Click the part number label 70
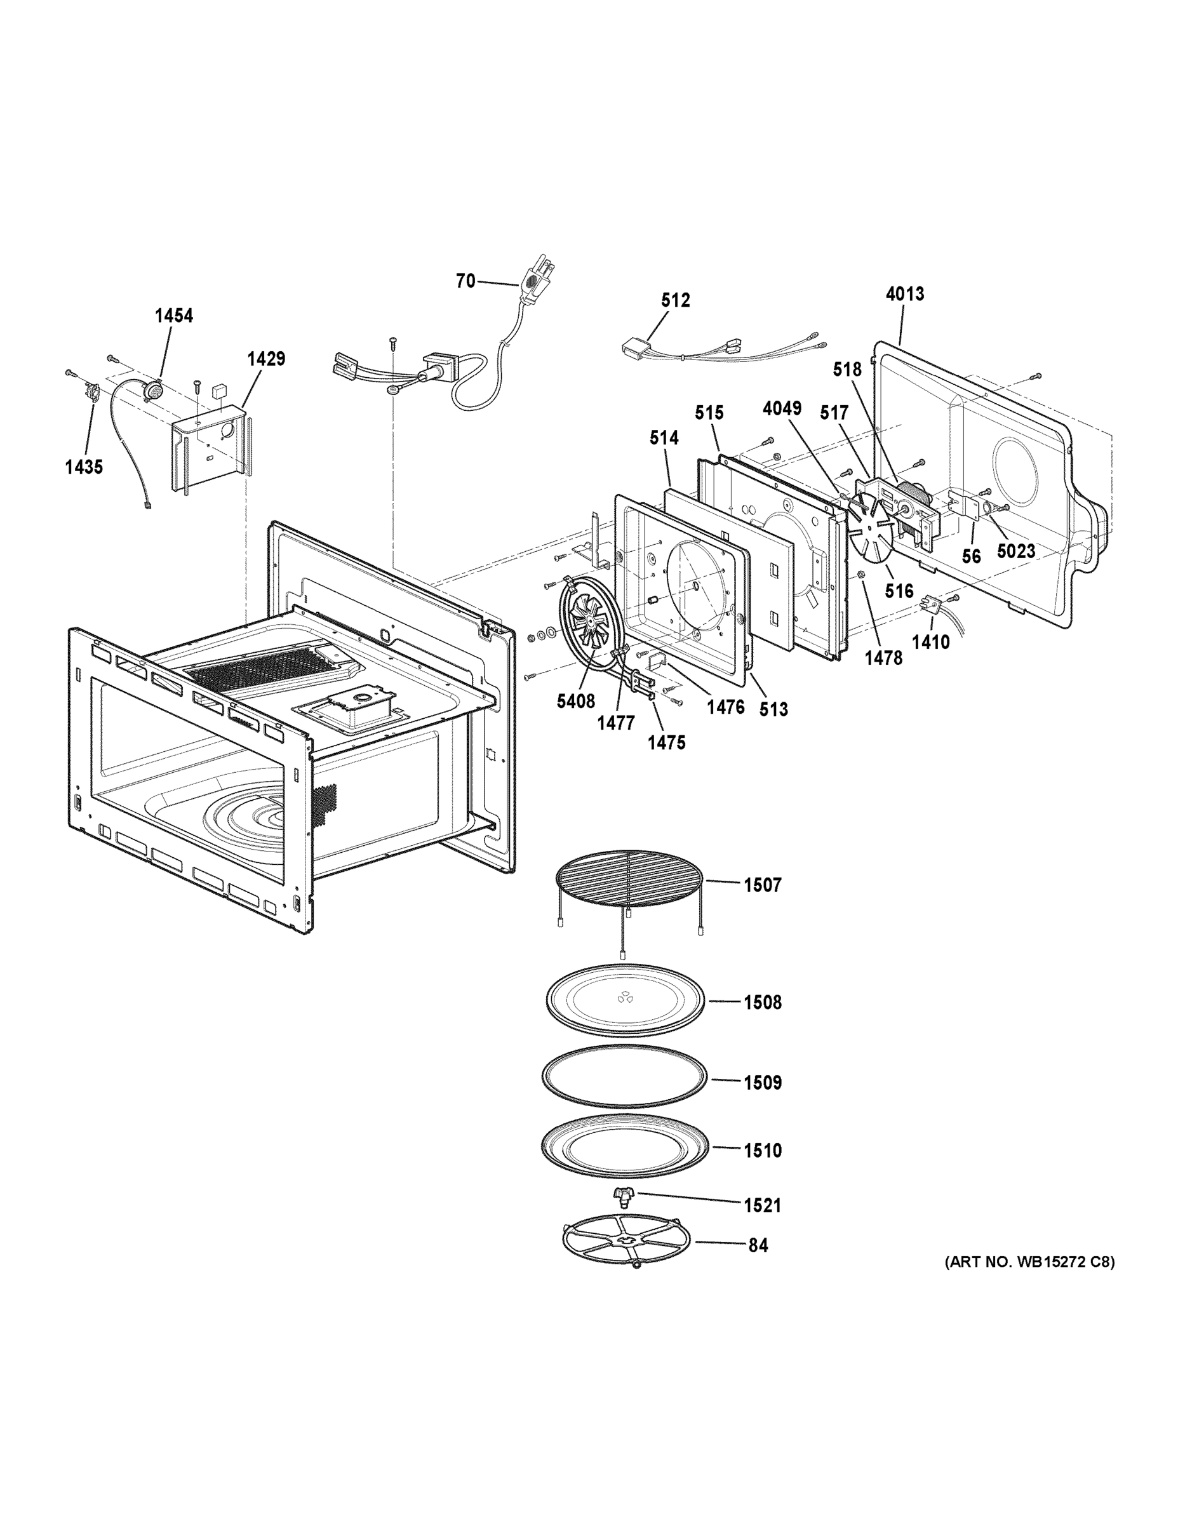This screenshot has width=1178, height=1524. pyautogui.click(x=465, y=281)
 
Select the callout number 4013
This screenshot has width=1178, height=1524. pyautogui.click(x=904, y=294)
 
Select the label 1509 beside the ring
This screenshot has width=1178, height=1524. pyautogui.click(x=762, y=1082)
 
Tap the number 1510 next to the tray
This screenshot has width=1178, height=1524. pyautogui.click(x=762, y=1150)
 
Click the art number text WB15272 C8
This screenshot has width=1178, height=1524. pyautogui.click(x=1029, y=1262)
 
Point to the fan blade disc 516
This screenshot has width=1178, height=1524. pyautogui.click(x=873, y=535)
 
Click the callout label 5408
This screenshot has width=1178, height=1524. pyautogui.click(x=576, y=701)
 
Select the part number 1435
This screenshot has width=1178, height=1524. pyautogui.click(x=84, y=467)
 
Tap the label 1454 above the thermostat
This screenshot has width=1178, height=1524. pyautogui.click(x=173, y=316)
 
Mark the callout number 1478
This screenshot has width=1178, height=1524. pyautogui.click(x=883, y=657)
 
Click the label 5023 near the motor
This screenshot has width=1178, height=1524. pyautogui.click(x=1015, y=551)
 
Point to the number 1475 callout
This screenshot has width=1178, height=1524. pyautogui.click(x=666, y=742)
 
